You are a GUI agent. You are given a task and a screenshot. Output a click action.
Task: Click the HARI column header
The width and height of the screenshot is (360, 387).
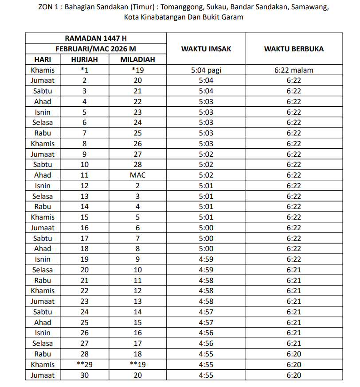point(43,59)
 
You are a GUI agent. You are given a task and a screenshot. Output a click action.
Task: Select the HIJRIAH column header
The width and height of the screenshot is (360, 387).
point(84,59)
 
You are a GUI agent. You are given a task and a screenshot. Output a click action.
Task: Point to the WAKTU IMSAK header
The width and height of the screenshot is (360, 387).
point(206,49)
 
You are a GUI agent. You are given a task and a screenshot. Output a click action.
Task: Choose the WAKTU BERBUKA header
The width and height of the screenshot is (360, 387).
point(293,49)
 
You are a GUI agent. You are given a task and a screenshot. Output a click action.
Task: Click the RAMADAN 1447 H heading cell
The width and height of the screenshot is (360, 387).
point(96,39)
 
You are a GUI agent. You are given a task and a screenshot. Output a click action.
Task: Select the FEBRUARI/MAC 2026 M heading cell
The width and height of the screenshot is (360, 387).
point(96,49)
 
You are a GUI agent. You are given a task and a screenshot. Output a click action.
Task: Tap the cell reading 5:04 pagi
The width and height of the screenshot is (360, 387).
point(206,70)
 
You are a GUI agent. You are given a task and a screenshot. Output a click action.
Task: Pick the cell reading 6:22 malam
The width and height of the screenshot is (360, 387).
point(293,70)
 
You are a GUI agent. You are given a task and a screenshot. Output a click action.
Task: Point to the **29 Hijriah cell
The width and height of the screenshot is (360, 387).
point(84,364)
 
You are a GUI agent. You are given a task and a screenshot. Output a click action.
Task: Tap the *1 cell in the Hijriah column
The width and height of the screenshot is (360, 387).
point(84,70)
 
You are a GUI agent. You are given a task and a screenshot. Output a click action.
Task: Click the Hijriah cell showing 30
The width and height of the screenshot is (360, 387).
point(84,375)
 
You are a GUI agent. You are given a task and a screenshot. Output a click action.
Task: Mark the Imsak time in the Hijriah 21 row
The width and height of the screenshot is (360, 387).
point(206,280)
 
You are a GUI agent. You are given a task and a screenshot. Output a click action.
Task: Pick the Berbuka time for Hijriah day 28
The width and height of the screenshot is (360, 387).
point(293,354)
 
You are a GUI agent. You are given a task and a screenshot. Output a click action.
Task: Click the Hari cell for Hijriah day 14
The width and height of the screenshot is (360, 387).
point(43,207)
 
